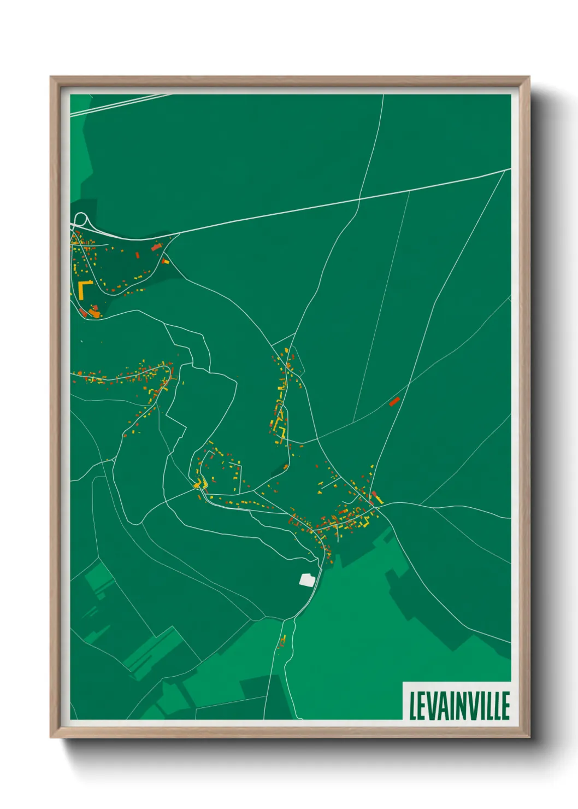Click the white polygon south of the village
pyautogui.click(x=307, y=579)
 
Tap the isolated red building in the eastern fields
pyautogui.click(x=394, y=401)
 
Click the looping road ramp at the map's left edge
pyautogui.click(x=80, y=220)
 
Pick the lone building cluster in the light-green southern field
pyautogui.click(x=283, y=640)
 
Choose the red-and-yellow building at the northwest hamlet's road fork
pyautogui.click(x=165, y=262)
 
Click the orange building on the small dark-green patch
pyautogui.click(x=285, y=466)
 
